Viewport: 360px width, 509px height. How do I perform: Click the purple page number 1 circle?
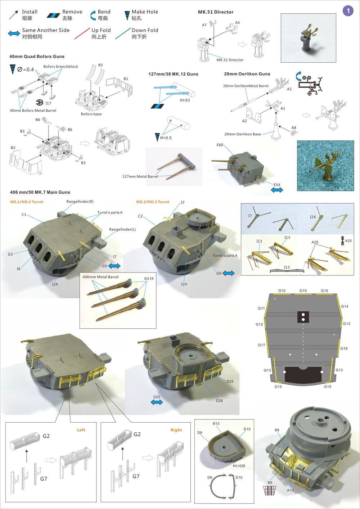tap(348, 11)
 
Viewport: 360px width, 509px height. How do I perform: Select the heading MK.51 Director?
tap(216, 12)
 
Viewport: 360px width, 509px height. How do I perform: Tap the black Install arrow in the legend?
tap(14, 15)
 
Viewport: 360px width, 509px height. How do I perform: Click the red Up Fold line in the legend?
tap(82, 33)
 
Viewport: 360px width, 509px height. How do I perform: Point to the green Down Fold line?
tap(123, 33)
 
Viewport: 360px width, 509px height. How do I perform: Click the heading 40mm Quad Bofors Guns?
tap(37, 57)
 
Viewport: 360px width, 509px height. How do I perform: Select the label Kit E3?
tap(185, 100)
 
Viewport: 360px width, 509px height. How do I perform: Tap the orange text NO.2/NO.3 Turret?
tap(153, 202)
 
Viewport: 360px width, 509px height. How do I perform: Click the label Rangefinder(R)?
tap(80, 202)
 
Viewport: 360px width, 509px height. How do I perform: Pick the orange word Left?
tap(81, 430)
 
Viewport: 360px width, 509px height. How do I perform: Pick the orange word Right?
tap(176, 430)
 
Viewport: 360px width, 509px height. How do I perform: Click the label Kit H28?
tap(239, 466)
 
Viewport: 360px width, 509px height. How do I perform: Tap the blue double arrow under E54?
tap(277, 190)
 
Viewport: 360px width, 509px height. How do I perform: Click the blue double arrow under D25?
tap(157, 402)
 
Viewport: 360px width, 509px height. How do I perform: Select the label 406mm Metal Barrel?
tap(100, 277)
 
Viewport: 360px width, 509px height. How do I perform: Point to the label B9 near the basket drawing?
tap(270, 482)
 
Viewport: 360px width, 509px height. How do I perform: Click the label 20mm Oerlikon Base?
tap(242, 134)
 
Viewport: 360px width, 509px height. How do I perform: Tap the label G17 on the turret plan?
tap(261, 345)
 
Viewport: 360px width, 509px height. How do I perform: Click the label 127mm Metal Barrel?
tap(140, 176)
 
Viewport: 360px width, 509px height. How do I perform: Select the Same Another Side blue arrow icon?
tap(14, 33)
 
